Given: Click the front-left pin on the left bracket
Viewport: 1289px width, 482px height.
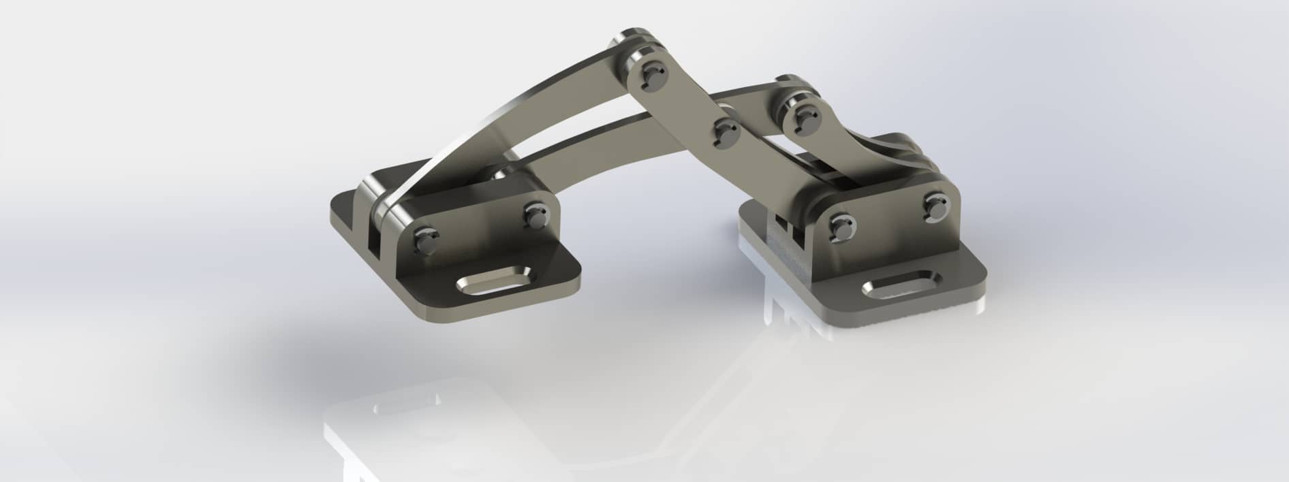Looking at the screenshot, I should click(x=425, y=239).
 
